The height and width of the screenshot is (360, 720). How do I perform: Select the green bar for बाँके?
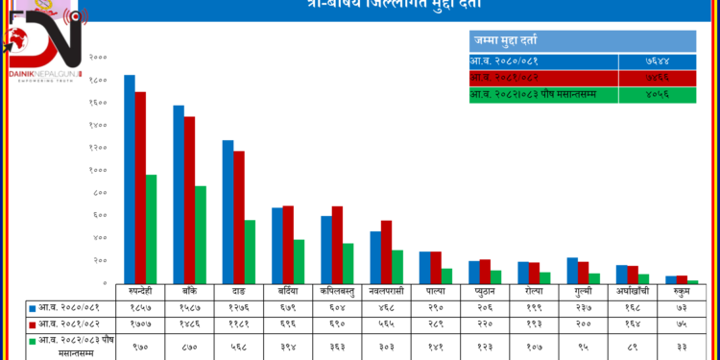pos(200,235)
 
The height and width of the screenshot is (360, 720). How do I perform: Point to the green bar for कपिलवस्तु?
pos(348,263)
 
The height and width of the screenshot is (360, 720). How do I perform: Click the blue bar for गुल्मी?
pos(572,271)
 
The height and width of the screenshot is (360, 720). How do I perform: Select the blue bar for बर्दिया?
pos(277,246)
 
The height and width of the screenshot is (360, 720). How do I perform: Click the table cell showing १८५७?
pos(139,308)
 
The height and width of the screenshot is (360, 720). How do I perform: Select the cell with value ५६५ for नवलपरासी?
pos(385,325)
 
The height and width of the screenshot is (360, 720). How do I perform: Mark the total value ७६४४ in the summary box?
pos(658,60)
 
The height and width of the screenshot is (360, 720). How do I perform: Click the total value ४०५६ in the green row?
pos(658,94)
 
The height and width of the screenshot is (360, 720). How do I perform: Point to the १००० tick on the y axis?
pos(99,170)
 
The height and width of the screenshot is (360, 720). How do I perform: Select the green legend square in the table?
pos(33,342)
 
